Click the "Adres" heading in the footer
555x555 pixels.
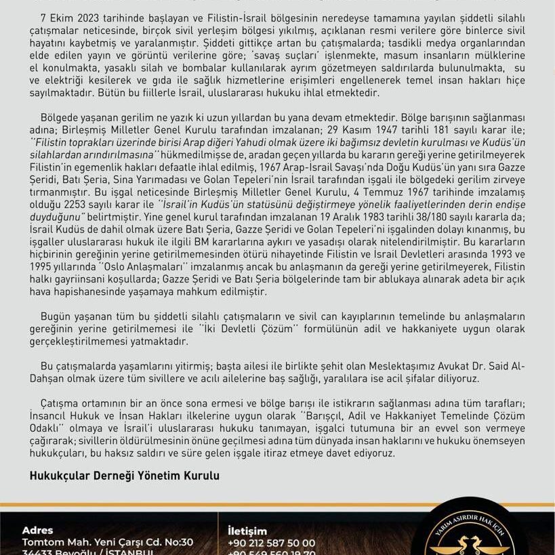[x=37, y=531]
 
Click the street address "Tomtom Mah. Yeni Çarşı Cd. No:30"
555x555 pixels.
[x=108, y=542]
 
